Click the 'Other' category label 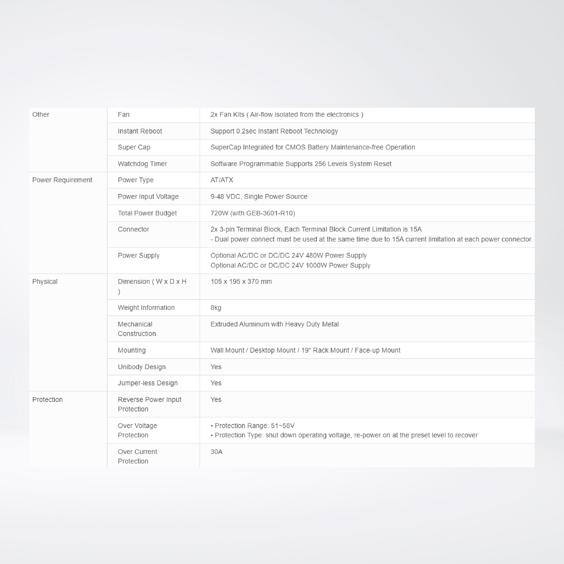click(41, 114)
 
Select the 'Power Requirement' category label click(62, 180)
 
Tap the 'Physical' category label click(45, 281)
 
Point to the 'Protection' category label click(47, 399)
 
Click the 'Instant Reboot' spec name click(140, 131)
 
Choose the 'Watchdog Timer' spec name click(142, 164)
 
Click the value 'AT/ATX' click(222, 180)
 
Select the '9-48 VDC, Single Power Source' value click(259, 196)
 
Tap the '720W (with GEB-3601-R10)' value click(252, 213)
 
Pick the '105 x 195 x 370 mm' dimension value click(241, 281)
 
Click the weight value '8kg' click(216, 308)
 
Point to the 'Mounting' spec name click(132, 350)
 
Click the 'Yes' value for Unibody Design click(216, 367)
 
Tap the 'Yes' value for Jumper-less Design click(216, 383)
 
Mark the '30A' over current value click(216, 452)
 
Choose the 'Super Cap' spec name click(134, 147)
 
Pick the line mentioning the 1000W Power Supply click(290, 265)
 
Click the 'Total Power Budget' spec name click(147, 213)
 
